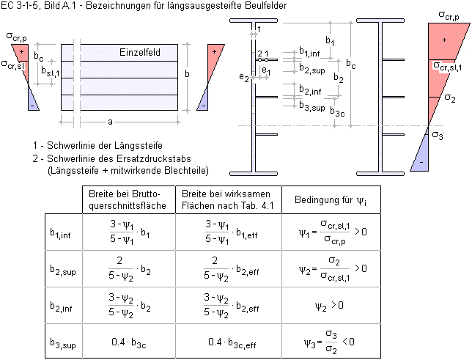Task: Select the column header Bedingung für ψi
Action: (x=325, y=199)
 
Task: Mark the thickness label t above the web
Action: (x=259, y=28)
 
